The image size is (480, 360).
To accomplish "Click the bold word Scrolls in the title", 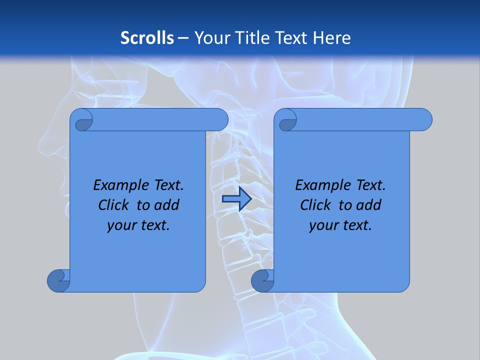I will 147,37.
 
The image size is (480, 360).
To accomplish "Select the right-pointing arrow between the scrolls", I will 236,198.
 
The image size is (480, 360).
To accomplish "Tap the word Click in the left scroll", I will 114,205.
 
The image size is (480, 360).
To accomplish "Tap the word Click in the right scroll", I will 316,205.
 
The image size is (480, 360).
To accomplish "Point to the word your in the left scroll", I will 120,225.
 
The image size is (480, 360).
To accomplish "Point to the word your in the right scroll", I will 322,225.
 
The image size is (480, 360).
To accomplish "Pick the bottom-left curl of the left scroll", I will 59,280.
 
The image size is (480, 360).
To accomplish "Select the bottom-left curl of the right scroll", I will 263,280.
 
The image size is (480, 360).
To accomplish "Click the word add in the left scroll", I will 167,205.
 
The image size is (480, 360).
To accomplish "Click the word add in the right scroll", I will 369,205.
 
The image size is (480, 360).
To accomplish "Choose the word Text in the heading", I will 290,37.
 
